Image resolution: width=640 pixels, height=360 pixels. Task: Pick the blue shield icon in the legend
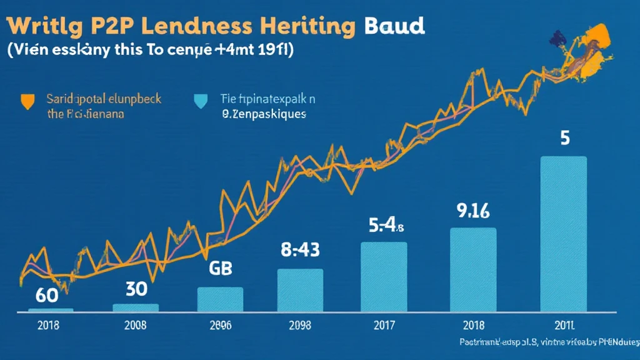tap(200, 100)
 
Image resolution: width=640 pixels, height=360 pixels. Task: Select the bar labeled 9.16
tap(473, 269)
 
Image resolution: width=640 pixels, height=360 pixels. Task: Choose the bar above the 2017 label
tap(384, 276)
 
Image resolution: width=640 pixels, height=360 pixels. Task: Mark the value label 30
tap(136, 289)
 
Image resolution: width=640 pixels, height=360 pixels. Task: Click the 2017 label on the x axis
tap(384, 325)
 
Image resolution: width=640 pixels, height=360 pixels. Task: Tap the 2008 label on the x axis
tap(136, 325)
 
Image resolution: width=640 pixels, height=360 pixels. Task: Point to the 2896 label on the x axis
tap(220, 325)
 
